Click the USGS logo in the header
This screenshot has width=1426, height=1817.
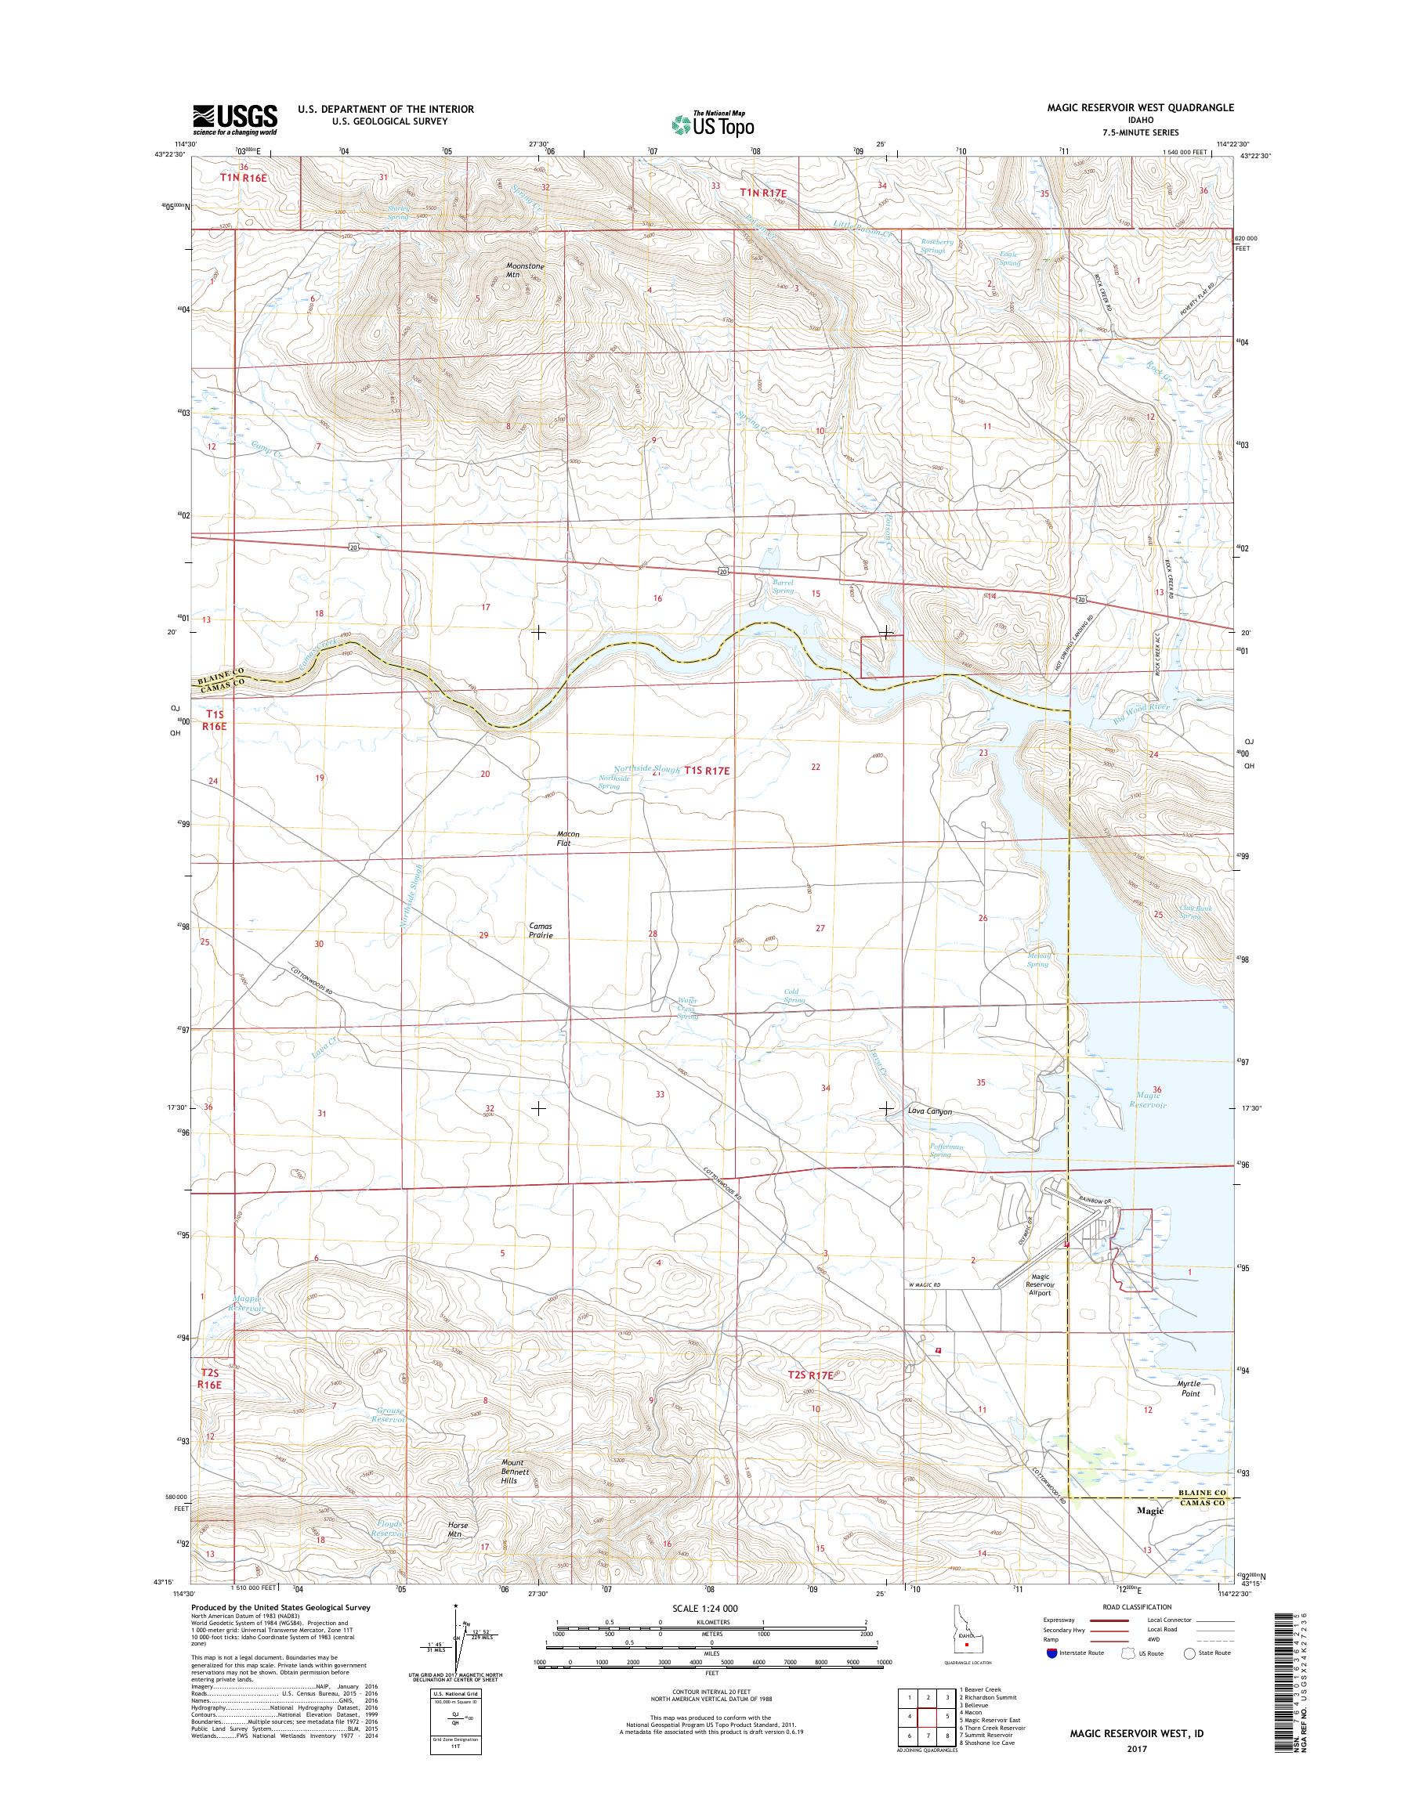tap(234, 118)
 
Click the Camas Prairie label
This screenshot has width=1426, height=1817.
tap(540, 930)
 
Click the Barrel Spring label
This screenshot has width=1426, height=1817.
tap(782, 586)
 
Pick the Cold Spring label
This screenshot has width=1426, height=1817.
tap(794, 995)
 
